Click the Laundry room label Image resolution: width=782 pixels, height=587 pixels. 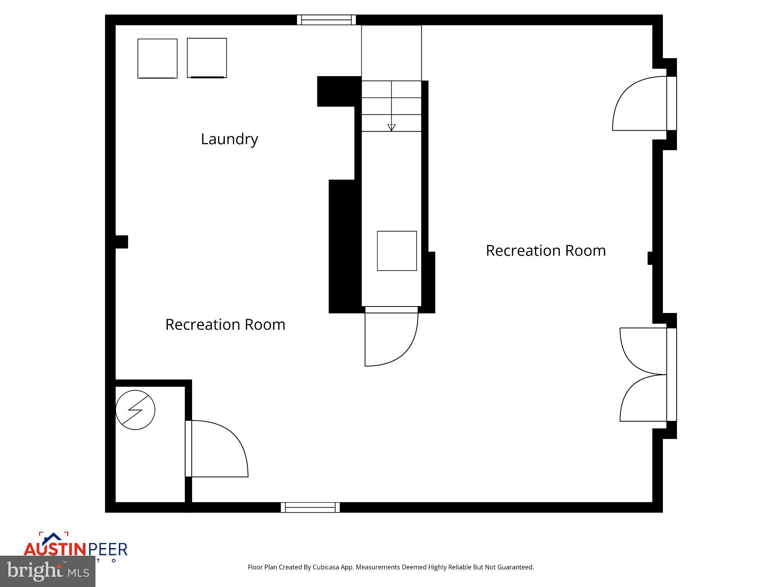click(229, 139)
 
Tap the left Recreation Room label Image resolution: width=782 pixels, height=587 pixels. click(225, 325)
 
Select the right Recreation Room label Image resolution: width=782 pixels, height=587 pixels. click(545, 251)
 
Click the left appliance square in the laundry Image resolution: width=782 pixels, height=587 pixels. click(157, 58)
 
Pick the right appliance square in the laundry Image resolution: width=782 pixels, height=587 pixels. click(207, 58)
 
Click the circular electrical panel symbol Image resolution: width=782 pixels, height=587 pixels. click(135, 410)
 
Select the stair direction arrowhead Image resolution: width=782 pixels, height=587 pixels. click(391, 127)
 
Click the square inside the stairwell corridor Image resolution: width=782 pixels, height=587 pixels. click(397, 251)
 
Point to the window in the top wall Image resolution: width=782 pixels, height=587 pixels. click(326, 20)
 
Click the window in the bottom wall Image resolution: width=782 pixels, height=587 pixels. click(310, 507)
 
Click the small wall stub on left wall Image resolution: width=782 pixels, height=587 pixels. click(122, 242)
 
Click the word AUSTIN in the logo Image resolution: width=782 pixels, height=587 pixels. click(56, 550)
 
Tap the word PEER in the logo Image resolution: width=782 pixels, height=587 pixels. click(108, 550)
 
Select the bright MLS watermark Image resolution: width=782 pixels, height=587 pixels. click(48, 571)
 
